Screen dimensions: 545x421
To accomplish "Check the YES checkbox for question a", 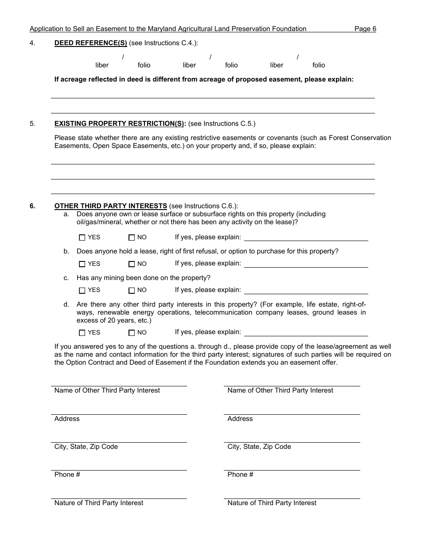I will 82,237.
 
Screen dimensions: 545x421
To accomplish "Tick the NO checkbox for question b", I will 132,264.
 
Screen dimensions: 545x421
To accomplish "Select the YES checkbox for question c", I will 82,291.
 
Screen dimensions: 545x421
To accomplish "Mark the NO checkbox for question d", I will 132,333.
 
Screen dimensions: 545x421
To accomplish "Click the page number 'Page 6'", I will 365,29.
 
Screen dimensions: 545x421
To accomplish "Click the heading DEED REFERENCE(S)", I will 90,43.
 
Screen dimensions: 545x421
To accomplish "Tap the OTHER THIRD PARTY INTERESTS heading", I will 110,206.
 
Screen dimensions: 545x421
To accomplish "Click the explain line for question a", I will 306,237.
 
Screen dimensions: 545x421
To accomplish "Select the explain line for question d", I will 306,333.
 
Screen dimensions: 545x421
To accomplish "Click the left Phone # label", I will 67,475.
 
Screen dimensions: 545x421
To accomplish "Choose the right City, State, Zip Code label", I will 259,447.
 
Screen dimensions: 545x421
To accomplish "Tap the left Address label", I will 67,419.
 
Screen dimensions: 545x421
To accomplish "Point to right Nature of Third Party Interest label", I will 272,503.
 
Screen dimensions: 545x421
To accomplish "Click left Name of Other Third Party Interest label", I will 107,390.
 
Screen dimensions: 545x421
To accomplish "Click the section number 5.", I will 32,124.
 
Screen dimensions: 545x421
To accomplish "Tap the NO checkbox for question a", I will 132,237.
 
